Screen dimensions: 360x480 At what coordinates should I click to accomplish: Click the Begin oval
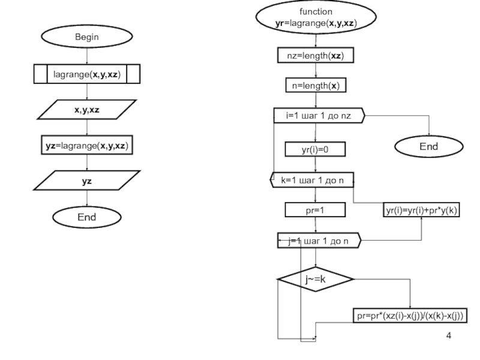(x=86, y=37)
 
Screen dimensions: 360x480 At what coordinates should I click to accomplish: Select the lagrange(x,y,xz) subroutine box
(x=86, y=74)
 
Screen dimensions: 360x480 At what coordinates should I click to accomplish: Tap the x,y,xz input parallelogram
(x=86, y=110)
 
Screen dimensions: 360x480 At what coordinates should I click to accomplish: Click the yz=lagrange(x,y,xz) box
(x=86, y=146)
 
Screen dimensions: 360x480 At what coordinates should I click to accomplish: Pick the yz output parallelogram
(x=86, y=180)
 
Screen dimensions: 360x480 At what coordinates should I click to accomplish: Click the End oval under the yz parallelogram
(x=86, y=217)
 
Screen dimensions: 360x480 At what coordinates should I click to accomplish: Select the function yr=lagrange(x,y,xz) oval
(x=316, y=18)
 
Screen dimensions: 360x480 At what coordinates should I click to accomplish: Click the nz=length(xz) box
(x=316, y=55)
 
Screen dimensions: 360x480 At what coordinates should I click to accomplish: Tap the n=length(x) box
(x=316, y=85)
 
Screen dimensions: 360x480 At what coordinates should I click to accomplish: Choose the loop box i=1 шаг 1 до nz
(x=318, y=116)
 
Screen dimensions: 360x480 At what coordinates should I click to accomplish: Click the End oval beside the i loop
(x=429, y=146)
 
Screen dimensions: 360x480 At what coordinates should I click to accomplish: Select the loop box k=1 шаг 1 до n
(x=311, y=179)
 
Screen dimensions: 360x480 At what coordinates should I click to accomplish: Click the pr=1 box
(x=316, y=210)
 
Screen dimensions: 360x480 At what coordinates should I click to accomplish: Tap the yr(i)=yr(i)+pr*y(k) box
(x=422, y=210)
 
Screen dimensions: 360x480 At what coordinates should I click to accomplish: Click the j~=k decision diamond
(x=316, y=279)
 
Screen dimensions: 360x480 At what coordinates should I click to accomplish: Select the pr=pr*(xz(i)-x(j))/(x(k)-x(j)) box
(x=410, y=316)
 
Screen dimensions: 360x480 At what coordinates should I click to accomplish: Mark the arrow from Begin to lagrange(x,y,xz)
(x=87, y=56)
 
